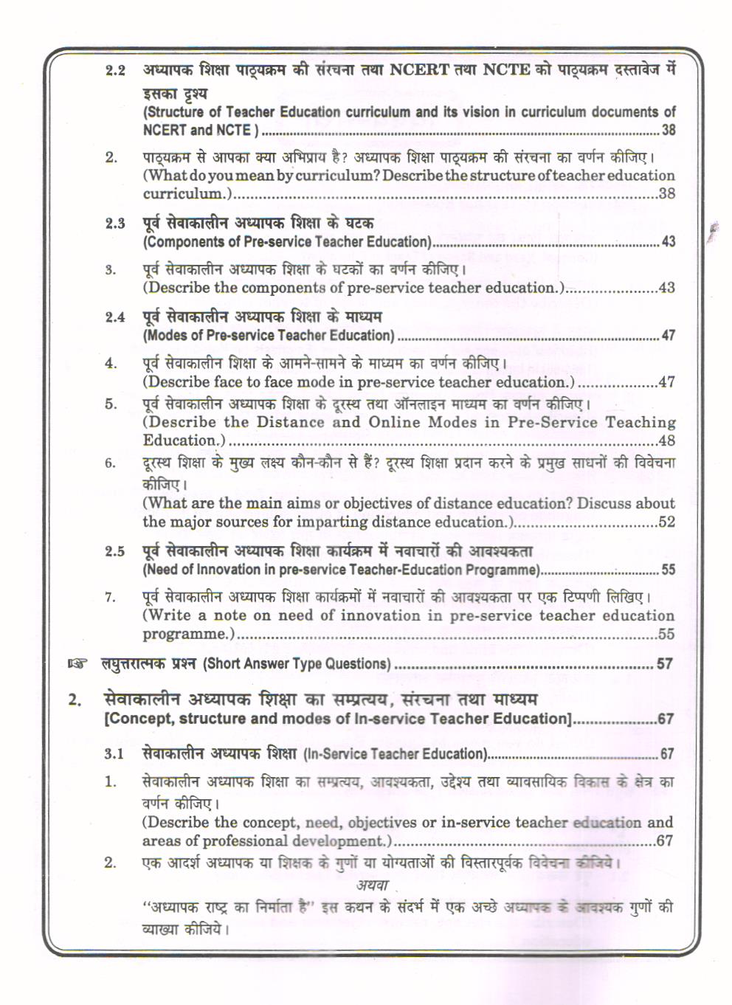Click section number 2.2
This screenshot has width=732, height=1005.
pos(115,71)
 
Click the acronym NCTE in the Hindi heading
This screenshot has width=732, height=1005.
pos(506,70)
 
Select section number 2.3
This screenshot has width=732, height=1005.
pos(115,224)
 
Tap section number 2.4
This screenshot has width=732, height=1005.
pos(115,317)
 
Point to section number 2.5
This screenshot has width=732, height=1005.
pos(115,551)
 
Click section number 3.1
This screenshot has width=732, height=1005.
pos(115,754)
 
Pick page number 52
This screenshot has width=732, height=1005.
pos(666,522)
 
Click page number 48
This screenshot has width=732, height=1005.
pos(666,441)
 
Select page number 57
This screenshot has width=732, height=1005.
pos(665,664)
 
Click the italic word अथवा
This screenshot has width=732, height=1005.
pos(373,885)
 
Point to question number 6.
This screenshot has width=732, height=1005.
pos(111,463)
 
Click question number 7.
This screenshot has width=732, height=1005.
pos(111,597)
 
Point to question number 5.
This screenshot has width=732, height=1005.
pos(111,404)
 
